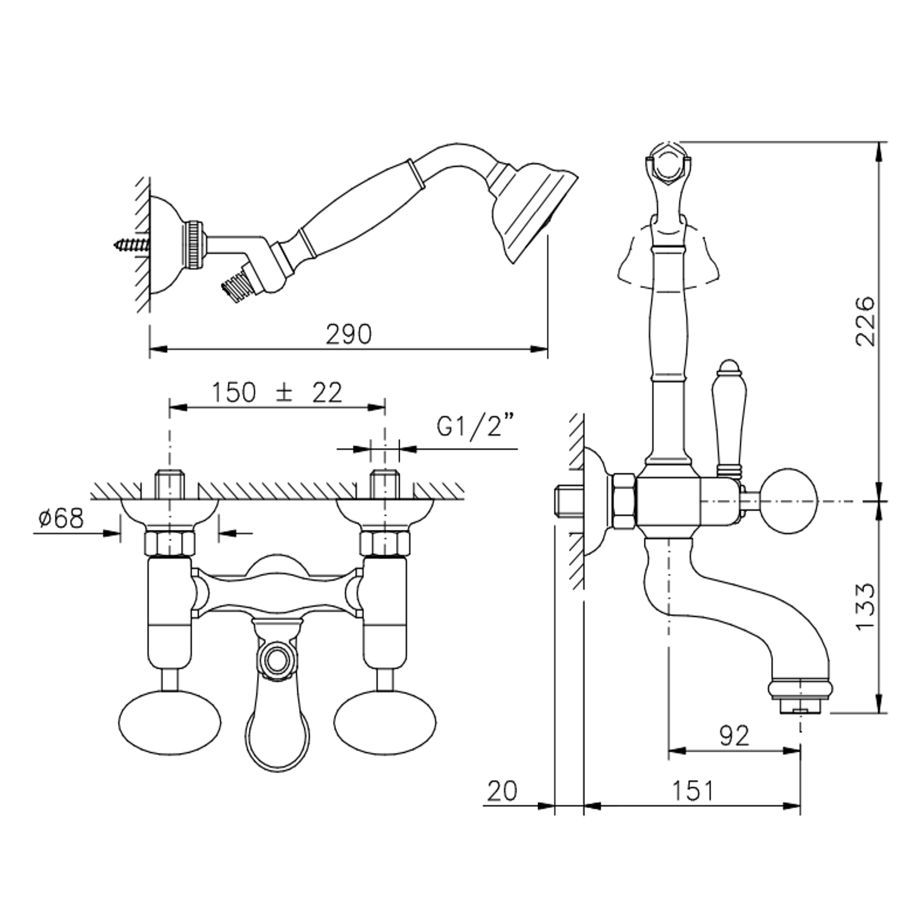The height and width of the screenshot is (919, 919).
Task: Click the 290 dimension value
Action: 348,335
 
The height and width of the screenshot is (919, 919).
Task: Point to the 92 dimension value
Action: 734,736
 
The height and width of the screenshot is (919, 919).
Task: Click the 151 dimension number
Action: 694,791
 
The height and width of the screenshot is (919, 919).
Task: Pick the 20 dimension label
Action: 502,791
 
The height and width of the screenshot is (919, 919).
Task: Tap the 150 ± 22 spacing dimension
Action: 277,393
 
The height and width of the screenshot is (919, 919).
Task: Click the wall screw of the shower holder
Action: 132,244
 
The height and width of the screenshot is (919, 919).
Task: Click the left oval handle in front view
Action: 169,722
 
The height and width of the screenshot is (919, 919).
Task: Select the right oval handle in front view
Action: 385,722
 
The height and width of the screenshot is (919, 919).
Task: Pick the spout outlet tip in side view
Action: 800,706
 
